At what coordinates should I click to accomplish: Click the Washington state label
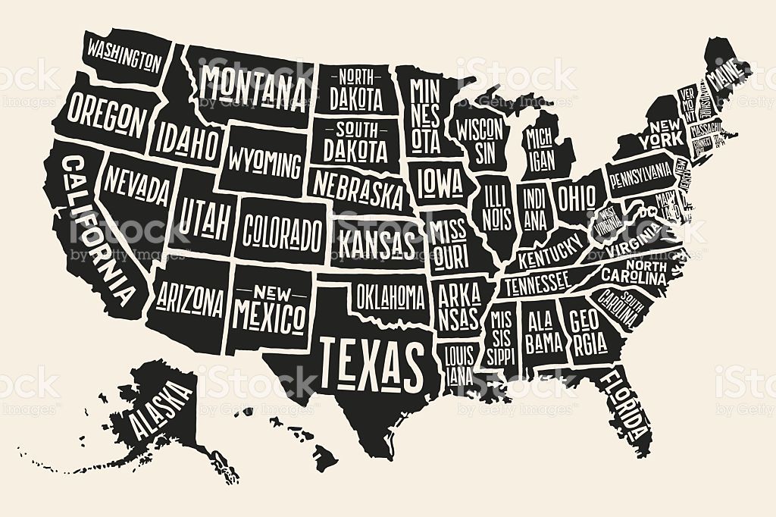[124, 54]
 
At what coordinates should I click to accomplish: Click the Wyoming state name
[264, 161]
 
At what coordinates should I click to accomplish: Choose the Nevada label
[137, 186]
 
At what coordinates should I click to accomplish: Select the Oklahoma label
[390, 296]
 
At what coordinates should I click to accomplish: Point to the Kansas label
[377, 245]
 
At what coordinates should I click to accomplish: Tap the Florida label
[630, 407]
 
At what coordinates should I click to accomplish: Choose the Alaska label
[161, 410]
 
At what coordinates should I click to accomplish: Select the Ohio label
[577, 198]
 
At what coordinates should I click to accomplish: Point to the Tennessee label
[537, 284]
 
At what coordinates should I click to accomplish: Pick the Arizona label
[191, 301]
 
